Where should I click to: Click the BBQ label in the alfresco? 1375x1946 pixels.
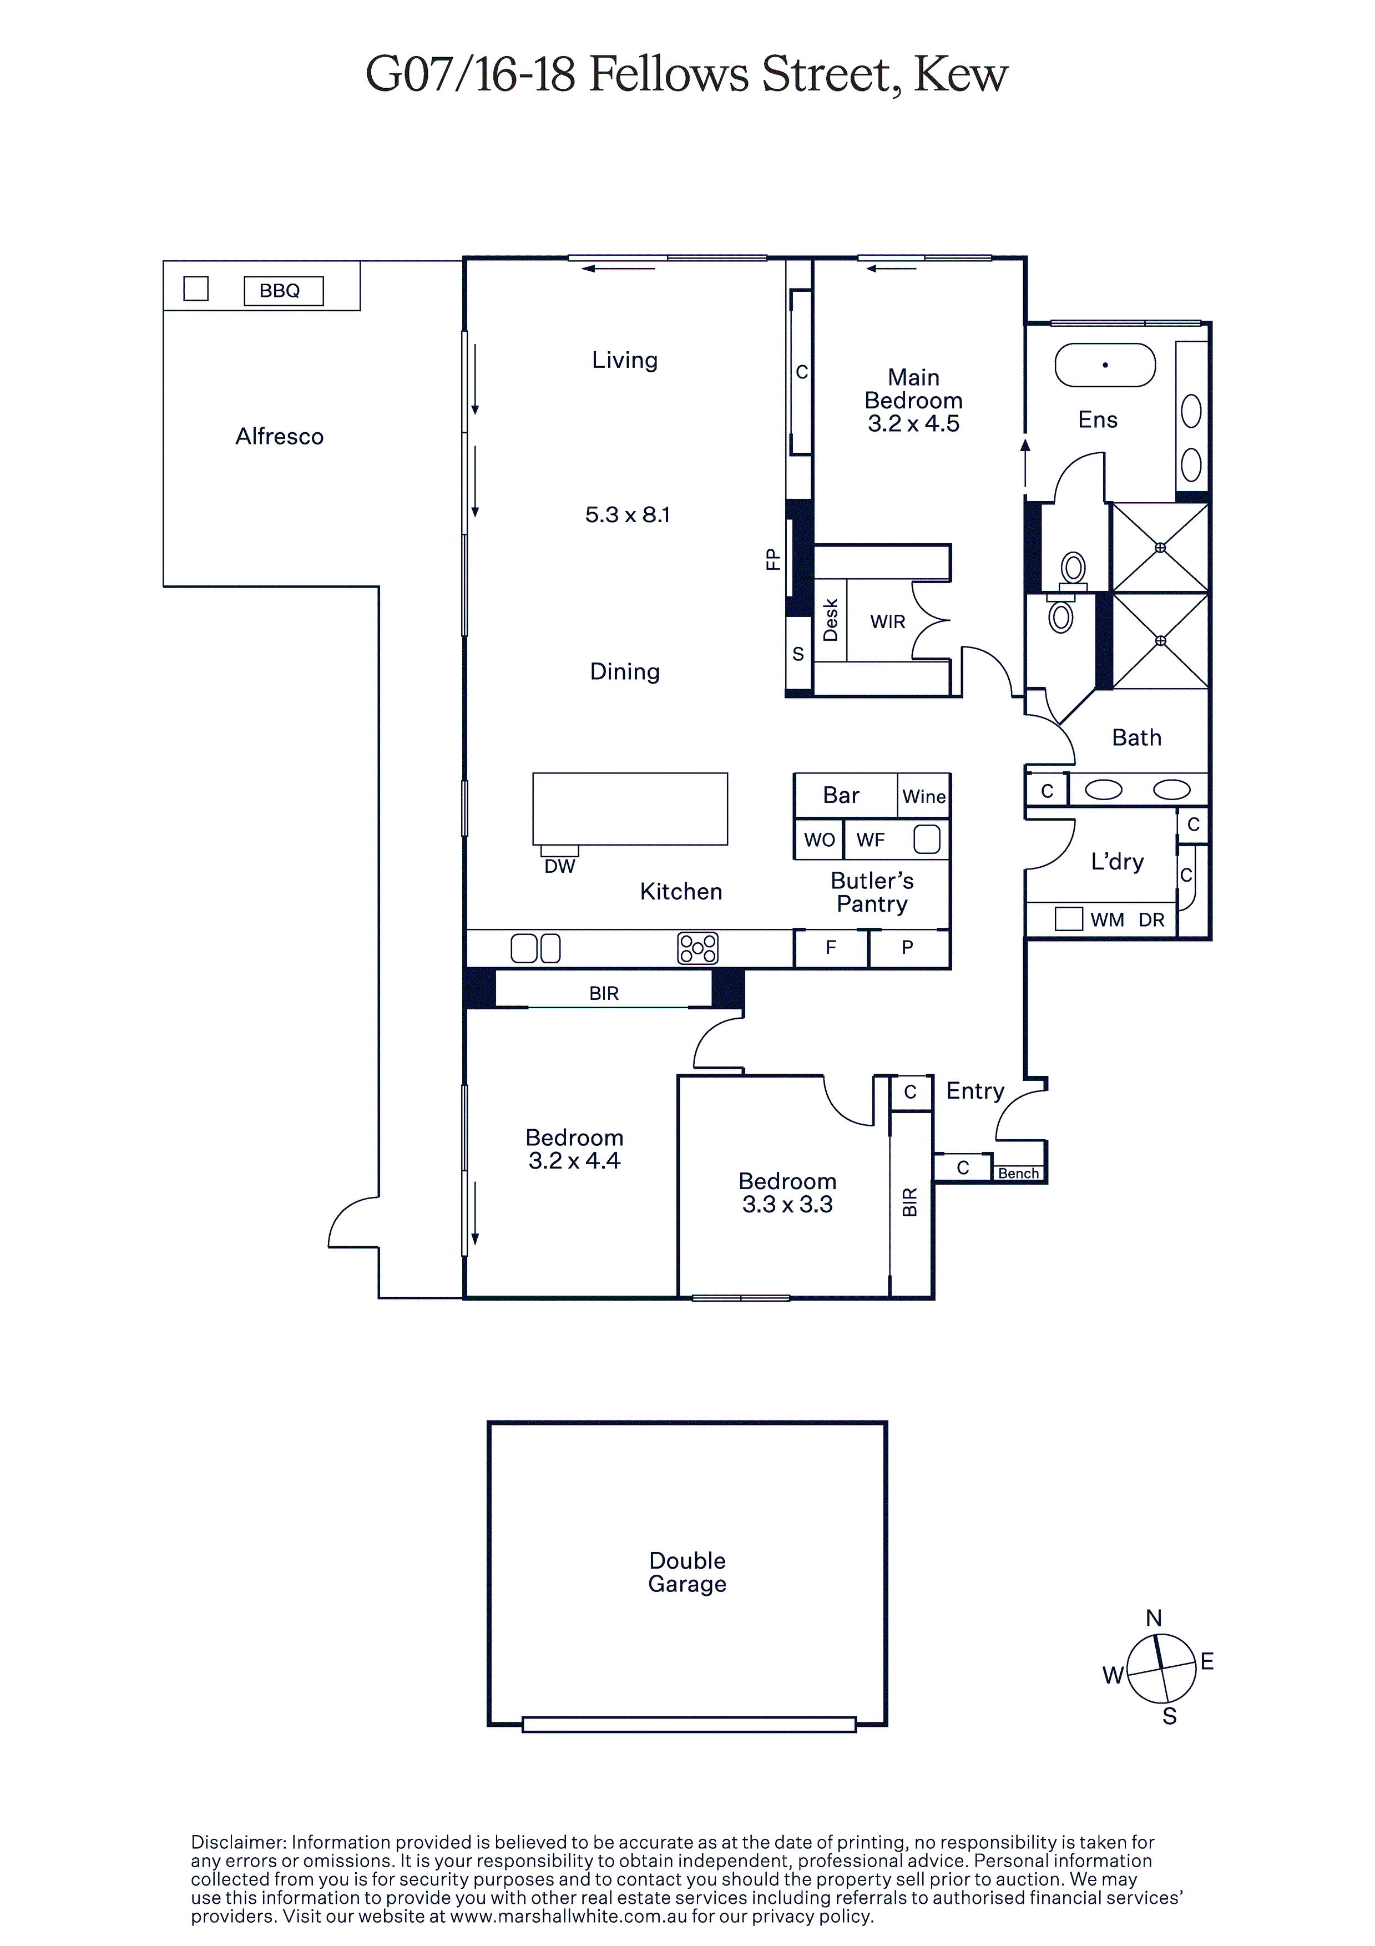tap(280, 291)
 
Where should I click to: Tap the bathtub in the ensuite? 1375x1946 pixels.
tap(1105, 365)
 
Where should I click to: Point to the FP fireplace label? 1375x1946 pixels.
tap(772, 559)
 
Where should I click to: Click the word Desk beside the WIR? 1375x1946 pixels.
tap(831, 620)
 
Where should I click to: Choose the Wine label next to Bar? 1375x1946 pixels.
tap(924, 797)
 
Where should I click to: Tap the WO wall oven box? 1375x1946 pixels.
tap(819, 840)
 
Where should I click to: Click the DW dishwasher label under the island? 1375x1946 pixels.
tap(559, 866)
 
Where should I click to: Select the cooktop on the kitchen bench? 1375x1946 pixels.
tap(697, 948)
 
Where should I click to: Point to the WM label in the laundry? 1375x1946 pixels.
tap(1107, 921)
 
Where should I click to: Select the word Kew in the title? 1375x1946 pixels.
tap(961, 75)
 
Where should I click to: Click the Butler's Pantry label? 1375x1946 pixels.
tap(872, 892)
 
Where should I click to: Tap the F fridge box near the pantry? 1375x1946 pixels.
tap(831, 948)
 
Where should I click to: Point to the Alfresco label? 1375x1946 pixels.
tap(280, 437)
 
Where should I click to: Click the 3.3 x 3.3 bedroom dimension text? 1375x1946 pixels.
tap(787, 1204)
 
